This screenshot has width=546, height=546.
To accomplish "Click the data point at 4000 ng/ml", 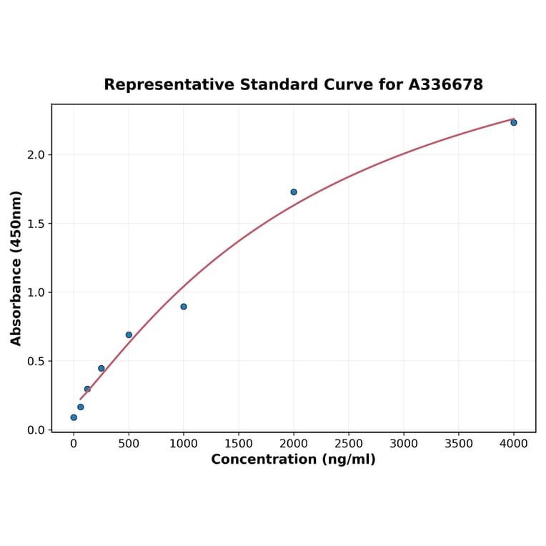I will [513, 122].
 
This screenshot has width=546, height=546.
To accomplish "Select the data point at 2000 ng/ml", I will [294, 192].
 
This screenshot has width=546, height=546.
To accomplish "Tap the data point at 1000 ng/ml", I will [184, 307].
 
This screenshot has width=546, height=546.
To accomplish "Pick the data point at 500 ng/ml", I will [129, 334].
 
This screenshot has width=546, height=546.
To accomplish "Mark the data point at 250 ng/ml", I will [101, 368].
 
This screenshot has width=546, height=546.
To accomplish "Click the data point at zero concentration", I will [74, 417].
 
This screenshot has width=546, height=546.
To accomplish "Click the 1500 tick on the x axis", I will [239, 443].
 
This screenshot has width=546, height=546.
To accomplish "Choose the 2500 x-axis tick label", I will [349, 443].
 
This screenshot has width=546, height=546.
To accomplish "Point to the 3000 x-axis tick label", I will [404, 443].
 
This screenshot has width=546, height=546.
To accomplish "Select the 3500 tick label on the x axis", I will [459, 443].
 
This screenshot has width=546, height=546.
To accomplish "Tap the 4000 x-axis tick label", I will [514, 443].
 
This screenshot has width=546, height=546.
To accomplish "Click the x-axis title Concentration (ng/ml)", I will [293, 460].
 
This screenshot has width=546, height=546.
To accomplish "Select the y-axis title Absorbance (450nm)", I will [16, 268].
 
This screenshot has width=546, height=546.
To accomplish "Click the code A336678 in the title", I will [445, 85].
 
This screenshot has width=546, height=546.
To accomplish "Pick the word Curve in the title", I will [347, 85].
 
